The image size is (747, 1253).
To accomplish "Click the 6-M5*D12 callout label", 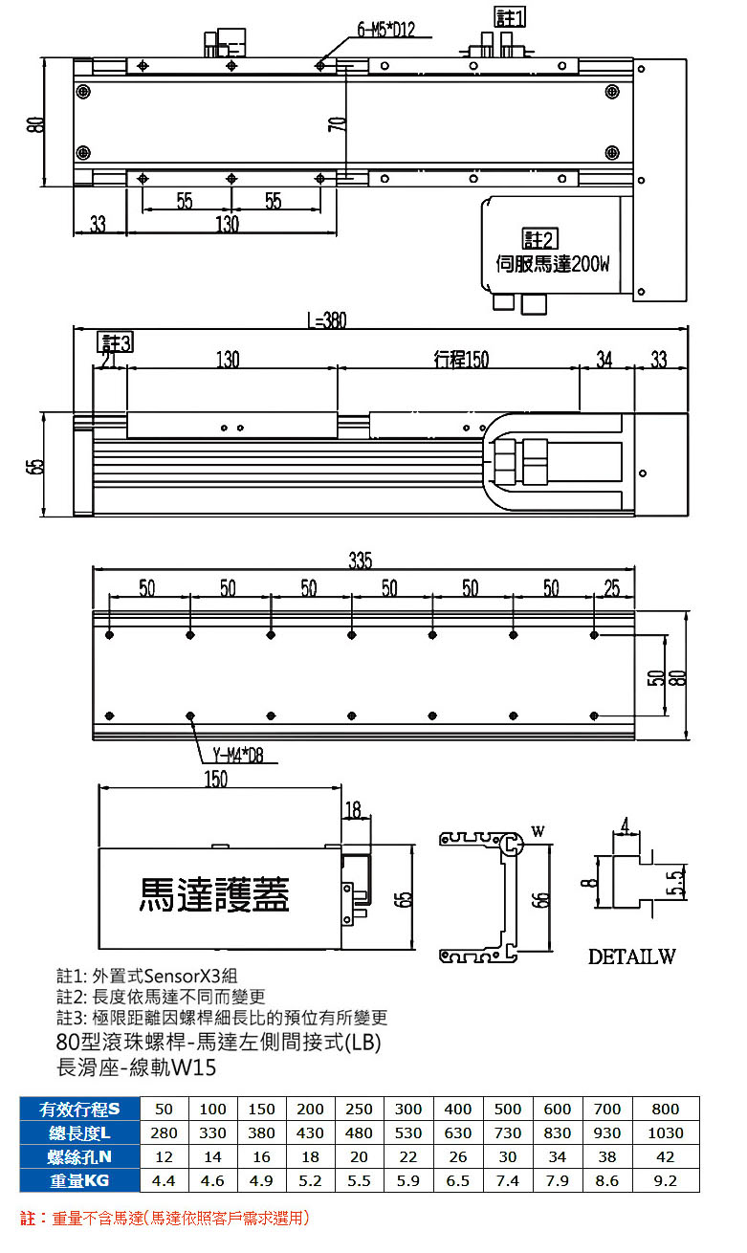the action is (x=386, y=29).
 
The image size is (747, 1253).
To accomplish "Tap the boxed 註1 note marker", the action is (x=510, y=17).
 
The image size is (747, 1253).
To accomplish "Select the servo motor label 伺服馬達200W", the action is (x=553, y=263).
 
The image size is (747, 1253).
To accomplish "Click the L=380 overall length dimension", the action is (x=327, y=320).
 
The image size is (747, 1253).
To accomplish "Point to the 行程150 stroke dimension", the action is (x=461, y=359).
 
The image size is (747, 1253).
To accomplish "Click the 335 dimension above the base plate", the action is (x=361, y=560).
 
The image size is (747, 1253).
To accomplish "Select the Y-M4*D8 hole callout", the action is (x=238, y=756).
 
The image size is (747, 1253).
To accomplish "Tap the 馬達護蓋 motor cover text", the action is (x=213, y=894).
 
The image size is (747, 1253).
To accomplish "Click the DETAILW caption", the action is (x=631, y=956).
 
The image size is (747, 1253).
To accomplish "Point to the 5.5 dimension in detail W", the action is (x=676, y=883).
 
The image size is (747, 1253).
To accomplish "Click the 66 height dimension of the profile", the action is (x=539, y=899).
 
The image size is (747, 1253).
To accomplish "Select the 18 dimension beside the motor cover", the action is (x=353, y=809).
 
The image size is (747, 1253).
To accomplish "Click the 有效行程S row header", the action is (x=79, y=1110).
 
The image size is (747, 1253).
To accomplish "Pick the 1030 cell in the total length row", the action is (x=666, y=1133).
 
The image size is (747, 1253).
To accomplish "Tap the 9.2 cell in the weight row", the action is (x=666, y=1181).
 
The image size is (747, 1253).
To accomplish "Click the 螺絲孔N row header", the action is (x=79, y=1156).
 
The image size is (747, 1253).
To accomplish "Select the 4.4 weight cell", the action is (x=164, y=1181).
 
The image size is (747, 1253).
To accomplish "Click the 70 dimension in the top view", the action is (x=337, y=123).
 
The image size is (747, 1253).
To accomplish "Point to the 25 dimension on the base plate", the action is (x=611, y=588).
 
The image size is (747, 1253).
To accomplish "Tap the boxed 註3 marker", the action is (x=116, y=342).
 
